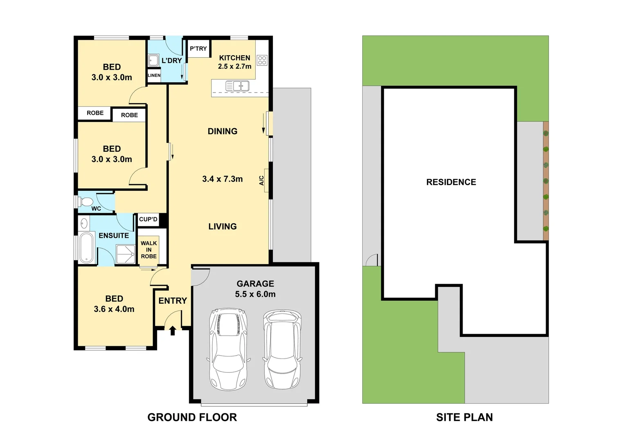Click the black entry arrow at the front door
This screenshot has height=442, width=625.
coord(173,330)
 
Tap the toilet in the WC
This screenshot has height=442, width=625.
coord(86,202)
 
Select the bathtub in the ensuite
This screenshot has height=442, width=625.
coord(86,248)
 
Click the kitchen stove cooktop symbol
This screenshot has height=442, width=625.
coord(262,61)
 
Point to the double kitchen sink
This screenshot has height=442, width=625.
coord(238,86)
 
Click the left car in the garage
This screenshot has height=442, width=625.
coord(228,349)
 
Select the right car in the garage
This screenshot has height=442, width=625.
coord(282,349)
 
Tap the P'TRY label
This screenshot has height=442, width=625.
coord(198,49)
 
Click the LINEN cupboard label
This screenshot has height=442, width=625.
coord(154,75)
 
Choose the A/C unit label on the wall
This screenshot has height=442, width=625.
coord(262,180)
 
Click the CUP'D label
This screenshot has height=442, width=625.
coord(148,219)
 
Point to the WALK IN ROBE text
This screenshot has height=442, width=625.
coord(148,250)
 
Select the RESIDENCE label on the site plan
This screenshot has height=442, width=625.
coord(451,182)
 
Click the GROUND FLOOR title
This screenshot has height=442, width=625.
coord(192,417)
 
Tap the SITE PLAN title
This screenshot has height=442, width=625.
coord(464,417)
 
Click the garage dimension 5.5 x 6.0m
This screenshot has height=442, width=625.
coord(255,294)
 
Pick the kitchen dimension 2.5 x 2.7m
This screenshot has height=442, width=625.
coord(234,66)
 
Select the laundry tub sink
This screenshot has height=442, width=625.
coord(153,61)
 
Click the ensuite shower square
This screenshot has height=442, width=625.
coord(126,254)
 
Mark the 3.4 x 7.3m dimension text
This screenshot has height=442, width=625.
coord(222,179)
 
